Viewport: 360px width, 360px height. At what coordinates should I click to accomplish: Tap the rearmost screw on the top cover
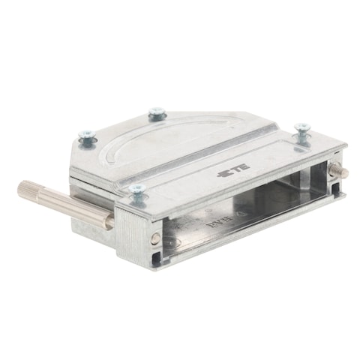[x=156, y=114]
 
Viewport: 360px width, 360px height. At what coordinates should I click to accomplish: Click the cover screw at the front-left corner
[x=137, y=193]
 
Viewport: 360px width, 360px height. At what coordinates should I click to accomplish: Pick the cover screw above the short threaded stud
[x=301, y=133]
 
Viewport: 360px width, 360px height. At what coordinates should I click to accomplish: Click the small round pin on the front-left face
[x=155, y=239]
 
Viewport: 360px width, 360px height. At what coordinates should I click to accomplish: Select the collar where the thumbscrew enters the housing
[x=109, y=220]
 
